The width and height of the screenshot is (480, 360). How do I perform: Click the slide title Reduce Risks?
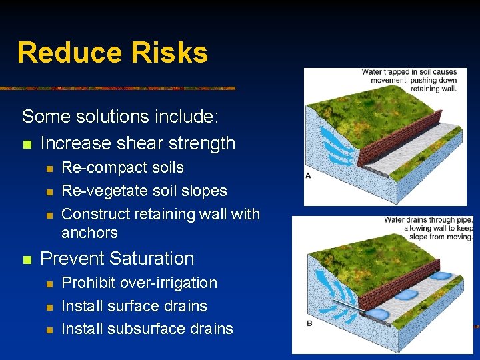[x=112, y=53]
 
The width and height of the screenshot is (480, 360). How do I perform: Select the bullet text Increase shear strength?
[x=138, y=143]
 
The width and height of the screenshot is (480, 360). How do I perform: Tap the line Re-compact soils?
[x=122, y=167]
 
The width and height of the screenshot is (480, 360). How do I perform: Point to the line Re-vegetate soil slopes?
[x=144, y=191]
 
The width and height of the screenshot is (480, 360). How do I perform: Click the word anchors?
[x=89, y=233]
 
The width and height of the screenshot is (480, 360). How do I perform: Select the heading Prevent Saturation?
[x=117, y=258]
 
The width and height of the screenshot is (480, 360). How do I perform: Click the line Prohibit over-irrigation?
[x=139, y=283]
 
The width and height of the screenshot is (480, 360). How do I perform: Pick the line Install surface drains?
[x=134, y=306]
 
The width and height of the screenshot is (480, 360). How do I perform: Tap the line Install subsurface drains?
[x=147, y=329]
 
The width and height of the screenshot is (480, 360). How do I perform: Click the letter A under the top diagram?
[x=308, y=176]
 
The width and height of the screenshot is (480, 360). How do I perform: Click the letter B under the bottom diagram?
[x=309, y=323]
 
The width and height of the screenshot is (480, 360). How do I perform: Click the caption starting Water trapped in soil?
[x=409, y=80]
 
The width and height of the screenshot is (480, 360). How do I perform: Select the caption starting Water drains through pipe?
[x=428, y=228]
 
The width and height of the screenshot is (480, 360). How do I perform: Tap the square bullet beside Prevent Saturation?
[x=26, y=259]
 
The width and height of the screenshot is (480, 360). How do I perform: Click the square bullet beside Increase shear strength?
[x=26, y=143]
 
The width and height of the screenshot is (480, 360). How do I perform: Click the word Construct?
[x=95, y=214]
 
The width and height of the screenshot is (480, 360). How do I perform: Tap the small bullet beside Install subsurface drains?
[x=47, y=329]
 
